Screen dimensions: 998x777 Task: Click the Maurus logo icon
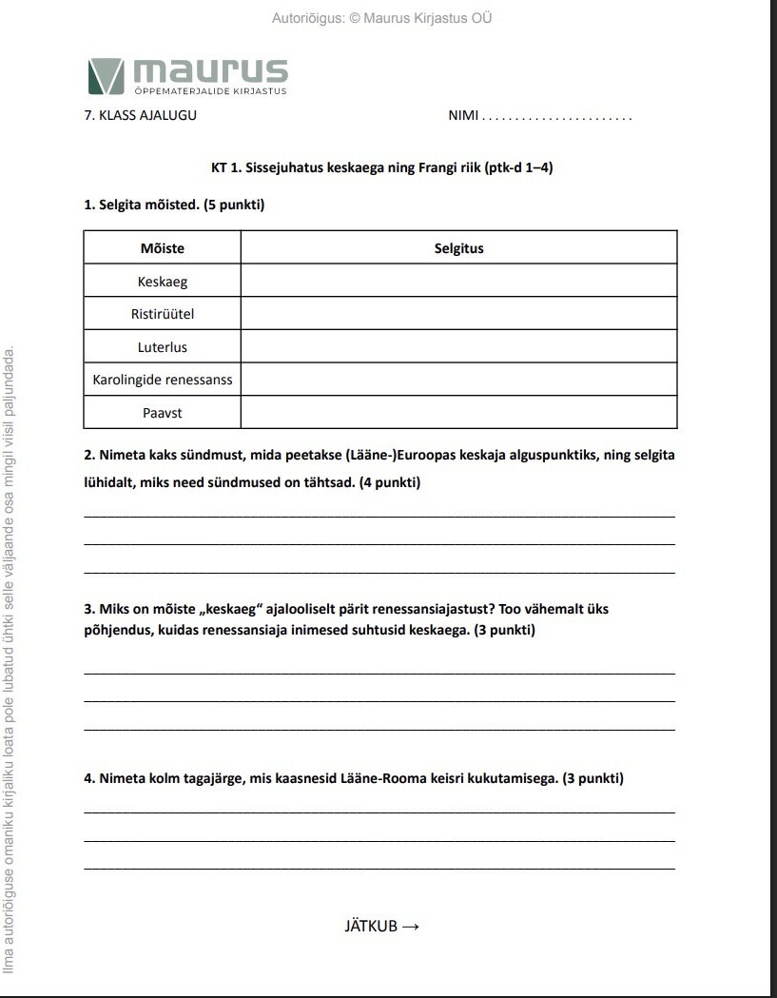106,76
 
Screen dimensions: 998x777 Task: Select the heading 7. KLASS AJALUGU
141,117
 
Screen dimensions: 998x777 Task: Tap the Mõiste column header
163,248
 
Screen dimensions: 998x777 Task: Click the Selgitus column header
458,248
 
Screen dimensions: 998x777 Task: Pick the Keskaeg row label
163,282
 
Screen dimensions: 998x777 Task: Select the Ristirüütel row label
163,314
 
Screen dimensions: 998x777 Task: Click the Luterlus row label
163,347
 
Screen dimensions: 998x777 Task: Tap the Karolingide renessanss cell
163,380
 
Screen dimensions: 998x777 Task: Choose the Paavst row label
163,413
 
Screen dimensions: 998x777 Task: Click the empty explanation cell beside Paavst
458,413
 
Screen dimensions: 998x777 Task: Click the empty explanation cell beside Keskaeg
458,282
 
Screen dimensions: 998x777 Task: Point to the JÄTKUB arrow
411,927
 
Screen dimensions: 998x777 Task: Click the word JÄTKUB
371,927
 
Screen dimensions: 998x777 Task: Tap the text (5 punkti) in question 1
234,205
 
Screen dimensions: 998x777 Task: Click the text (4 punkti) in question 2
389,482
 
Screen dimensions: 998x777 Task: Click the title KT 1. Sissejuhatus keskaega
381,168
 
